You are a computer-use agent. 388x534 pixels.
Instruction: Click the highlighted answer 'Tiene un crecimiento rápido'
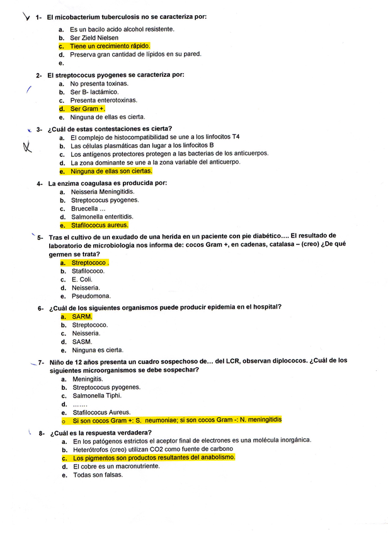(110, 46)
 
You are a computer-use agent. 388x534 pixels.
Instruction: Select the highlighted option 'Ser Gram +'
(88, 108)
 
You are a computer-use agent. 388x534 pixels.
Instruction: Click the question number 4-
(40, 183)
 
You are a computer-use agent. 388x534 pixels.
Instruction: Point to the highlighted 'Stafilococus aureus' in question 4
(100, 225)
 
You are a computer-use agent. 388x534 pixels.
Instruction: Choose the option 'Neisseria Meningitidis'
(103, 191)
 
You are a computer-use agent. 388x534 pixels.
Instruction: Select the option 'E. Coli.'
(83, 280)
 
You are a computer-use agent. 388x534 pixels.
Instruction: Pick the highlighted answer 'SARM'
(82, 317)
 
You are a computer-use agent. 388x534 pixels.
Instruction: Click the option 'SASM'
(82, 341)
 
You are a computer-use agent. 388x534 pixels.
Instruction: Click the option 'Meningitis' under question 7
(88, 379)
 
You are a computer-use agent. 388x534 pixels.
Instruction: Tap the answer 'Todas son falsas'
(97, 475)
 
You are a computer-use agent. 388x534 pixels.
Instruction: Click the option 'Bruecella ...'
(89, 208)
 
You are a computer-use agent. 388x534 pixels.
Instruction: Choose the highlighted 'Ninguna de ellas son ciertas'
(111, 171)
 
